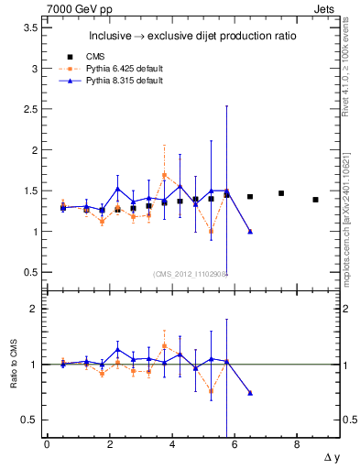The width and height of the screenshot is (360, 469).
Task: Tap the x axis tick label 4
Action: (171, 445)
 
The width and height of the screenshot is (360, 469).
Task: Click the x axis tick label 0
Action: (47, 445)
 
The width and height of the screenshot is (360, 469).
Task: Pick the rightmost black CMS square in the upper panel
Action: (315, 200)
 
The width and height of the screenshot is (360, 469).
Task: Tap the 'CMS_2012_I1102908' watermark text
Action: (191, 274)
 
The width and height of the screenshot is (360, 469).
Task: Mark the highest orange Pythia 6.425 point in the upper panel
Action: (164, 175)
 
